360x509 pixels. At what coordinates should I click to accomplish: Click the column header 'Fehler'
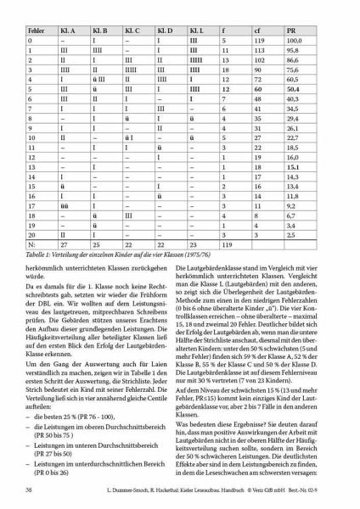pos(35,29)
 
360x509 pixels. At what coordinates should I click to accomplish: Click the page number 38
pos(30,491)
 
